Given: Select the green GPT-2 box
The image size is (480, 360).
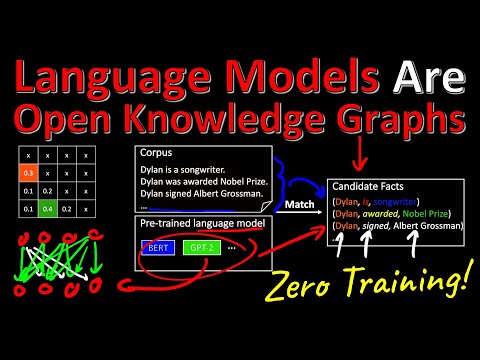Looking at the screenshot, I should (201, 245).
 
